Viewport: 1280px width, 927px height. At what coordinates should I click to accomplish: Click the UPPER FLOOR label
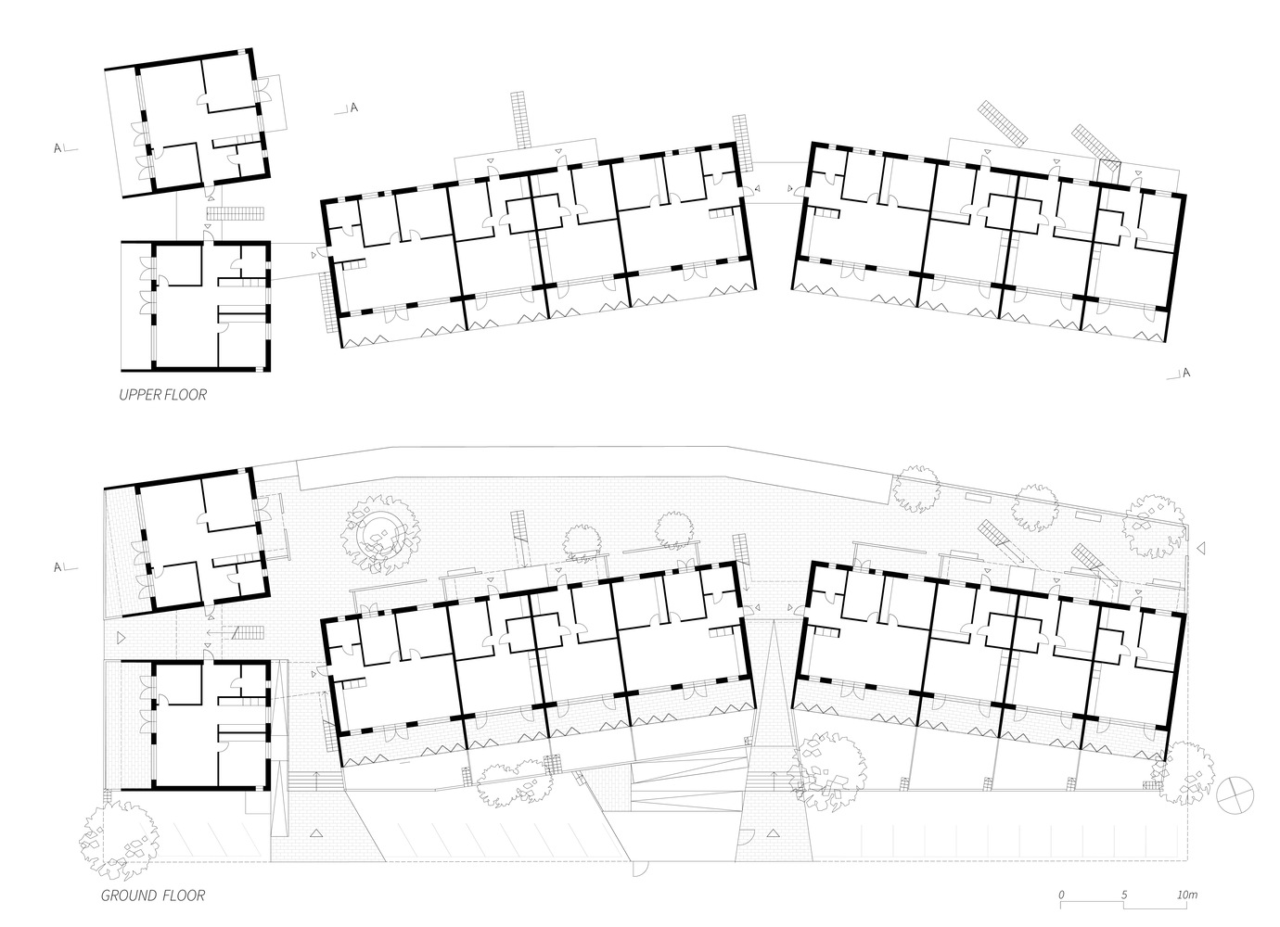click(162, 395)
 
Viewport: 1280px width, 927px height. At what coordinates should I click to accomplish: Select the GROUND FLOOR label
click(153, 895)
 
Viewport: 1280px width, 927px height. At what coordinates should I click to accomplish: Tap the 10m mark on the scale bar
click(1186, 895)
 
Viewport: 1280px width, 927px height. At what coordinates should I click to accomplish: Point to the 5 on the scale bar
click(1124, 895)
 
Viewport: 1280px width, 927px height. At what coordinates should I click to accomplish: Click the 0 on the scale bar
click(1063, 895)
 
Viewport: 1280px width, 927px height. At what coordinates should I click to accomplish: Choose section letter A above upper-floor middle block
click(353, 108)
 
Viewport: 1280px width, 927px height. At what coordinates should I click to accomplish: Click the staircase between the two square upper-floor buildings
click(236, 213)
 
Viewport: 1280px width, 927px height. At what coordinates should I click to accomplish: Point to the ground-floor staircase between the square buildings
click(248, 635)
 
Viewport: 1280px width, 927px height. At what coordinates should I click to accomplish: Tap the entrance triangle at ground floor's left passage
click(121, 637)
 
